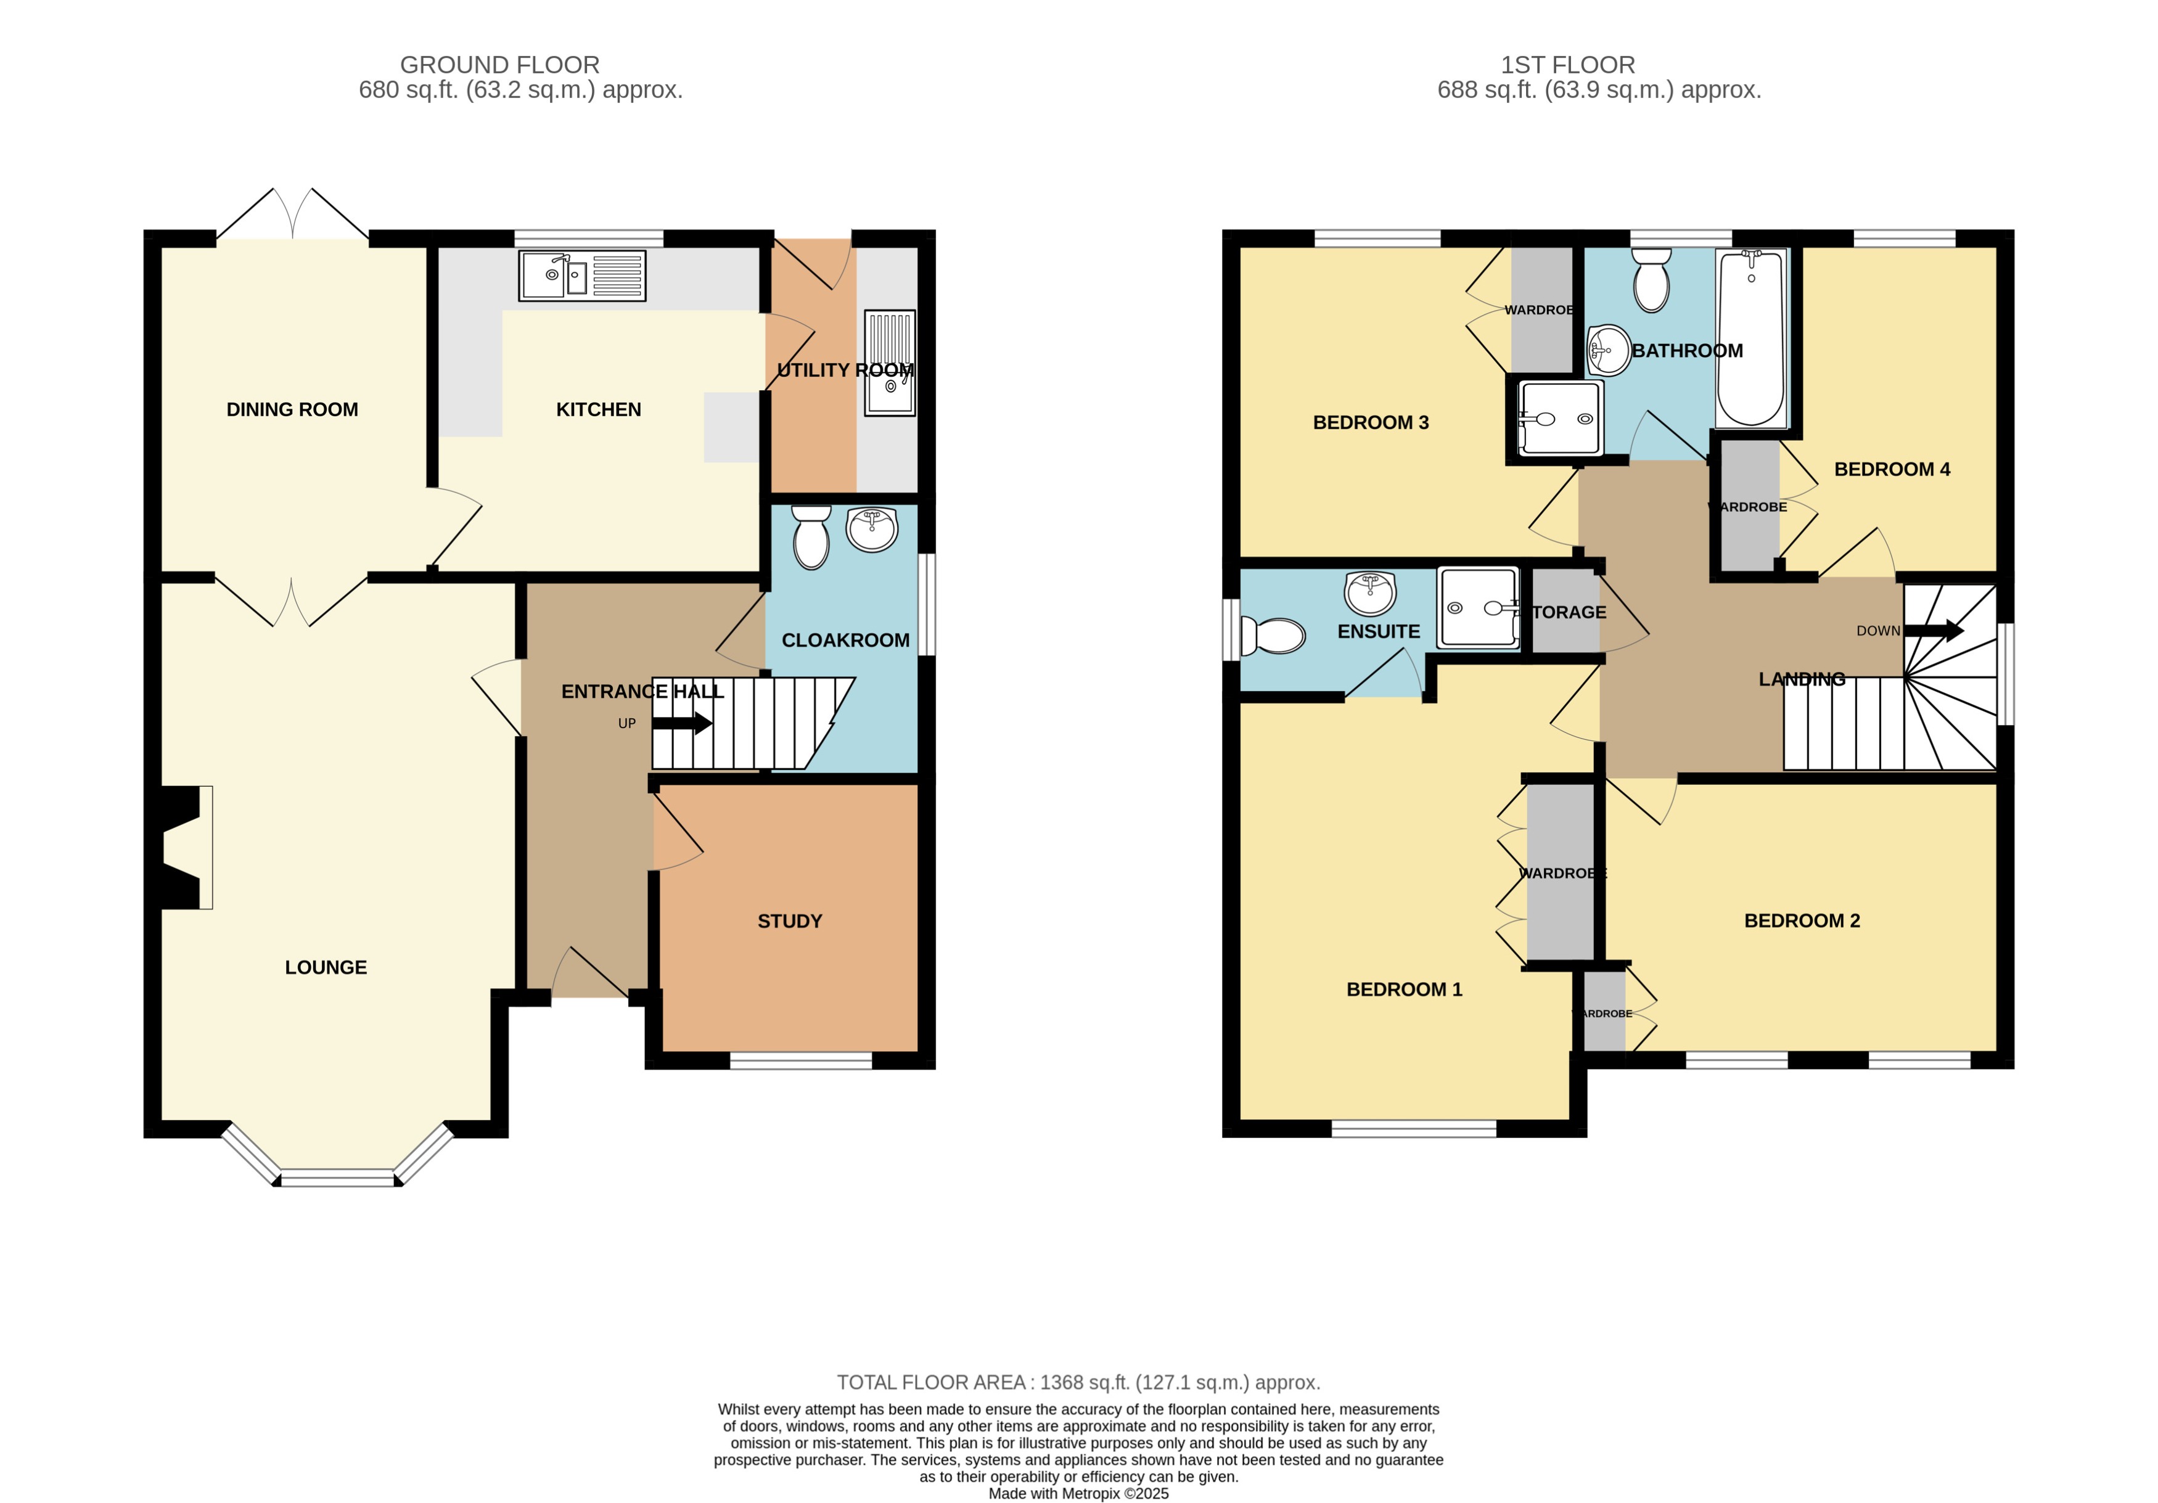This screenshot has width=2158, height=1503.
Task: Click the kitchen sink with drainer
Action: [582, 276]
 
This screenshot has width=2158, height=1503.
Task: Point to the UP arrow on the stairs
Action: [681, 723]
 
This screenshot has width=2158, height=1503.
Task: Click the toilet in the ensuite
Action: [1274, 636]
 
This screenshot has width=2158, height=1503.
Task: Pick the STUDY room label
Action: [789, 921]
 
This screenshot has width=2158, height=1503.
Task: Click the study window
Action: [801, 1060]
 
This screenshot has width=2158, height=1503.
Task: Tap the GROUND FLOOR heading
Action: [499, 65]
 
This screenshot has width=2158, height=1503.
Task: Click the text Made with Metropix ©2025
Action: [1078, 1493]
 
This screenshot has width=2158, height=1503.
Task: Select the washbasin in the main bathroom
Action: [1609, 350]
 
